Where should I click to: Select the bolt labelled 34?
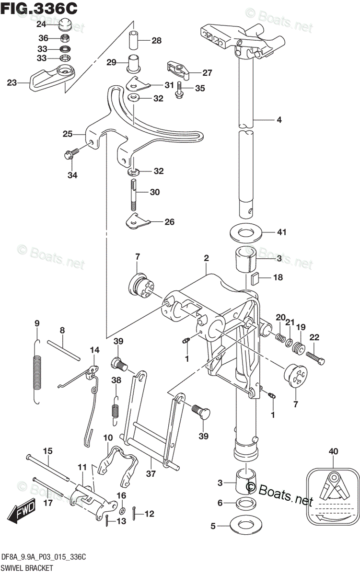click(x=70, y=155)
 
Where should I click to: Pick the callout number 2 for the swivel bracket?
click(x=206, y=258)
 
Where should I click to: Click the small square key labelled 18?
click(x=255, y=277)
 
